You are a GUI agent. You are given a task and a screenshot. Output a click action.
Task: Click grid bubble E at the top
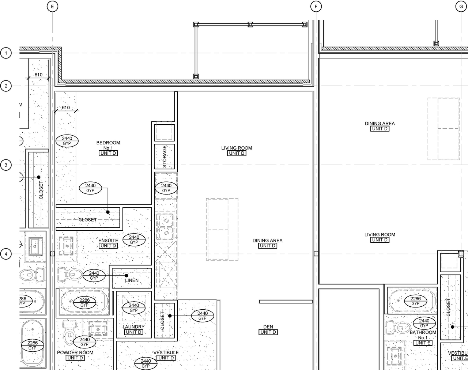click(53, 6)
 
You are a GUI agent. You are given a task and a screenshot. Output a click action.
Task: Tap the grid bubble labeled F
click(316, 6)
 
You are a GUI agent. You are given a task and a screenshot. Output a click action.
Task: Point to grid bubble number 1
click(6, 53)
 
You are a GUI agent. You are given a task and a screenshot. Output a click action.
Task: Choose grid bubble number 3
click(6, 165)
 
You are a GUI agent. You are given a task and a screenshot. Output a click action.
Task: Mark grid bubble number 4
click(6, 254)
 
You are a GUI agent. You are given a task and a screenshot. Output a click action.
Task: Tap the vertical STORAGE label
click(165, 156)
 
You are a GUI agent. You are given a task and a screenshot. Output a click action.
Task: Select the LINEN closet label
click(132, 280)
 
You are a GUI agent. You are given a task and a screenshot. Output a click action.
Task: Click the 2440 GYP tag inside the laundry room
click(134, 308)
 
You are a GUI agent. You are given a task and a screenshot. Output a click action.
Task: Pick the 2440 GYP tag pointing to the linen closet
click(94, 276)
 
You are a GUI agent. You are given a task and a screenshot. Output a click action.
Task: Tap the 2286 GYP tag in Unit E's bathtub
click(415, 301)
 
